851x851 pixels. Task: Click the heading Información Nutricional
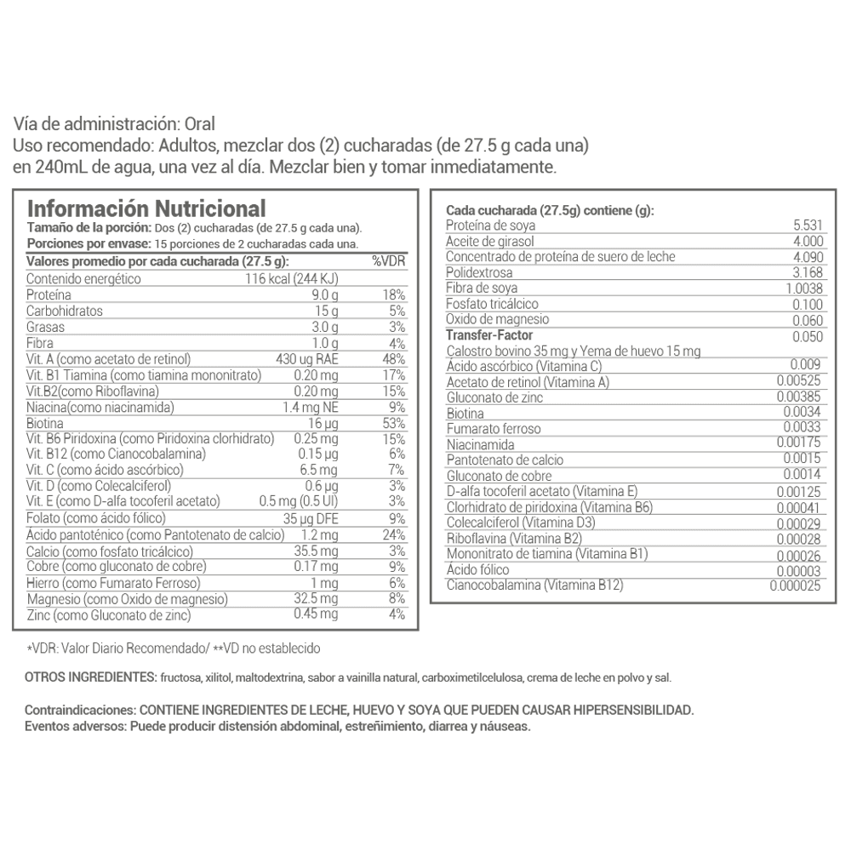(146, 208)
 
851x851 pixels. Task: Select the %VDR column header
(388, 261)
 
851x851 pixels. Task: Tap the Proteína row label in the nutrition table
(49, 294)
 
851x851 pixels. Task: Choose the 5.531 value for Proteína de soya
(808, 226)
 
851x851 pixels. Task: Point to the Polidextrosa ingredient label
(481, 272)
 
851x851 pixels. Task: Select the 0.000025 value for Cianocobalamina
(797, 586)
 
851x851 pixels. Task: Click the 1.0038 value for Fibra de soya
(804, 288)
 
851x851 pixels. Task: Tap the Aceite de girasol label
(488, 241)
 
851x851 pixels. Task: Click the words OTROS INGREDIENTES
(89, 677)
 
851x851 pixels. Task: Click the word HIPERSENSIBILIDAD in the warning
(621, 710)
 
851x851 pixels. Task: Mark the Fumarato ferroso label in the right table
(493, 429)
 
